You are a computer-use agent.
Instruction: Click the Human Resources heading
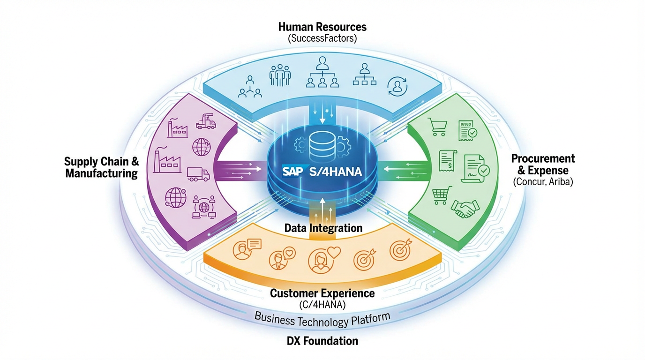click(322, 27)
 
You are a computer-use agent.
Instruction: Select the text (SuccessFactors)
click(322, 38)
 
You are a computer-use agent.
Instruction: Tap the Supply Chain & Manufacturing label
click(102, 167)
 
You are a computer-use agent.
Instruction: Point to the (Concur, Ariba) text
click(543, 181)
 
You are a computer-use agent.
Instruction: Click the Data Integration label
click(323, 228)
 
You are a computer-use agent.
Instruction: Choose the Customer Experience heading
click(322, 293)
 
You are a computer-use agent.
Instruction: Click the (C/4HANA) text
click(322, 305)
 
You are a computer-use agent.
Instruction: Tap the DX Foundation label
click(322, 341)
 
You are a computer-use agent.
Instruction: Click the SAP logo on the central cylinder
click(293, 172)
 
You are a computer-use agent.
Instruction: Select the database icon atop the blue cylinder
click(322, 142)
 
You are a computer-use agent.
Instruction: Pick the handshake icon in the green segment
click(465, 208)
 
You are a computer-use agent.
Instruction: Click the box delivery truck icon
click(198, 174)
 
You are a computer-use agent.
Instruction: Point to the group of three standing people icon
click(280, 75)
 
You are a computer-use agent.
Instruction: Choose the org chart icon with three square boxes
click(365, 75)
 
